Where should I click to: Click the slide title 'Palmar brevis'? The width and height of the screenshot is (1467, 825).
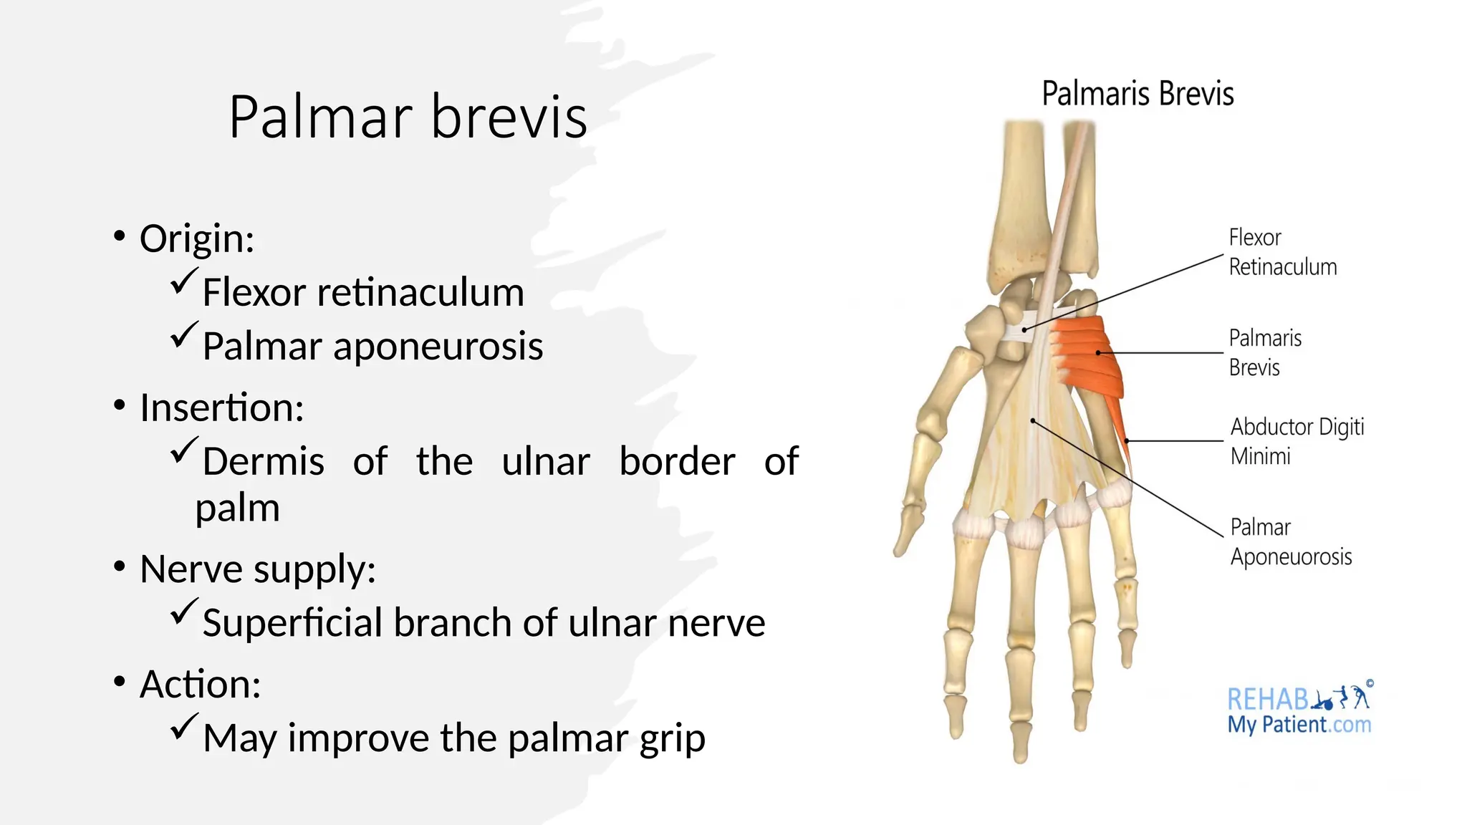pyautogui.click(x=408, y=117)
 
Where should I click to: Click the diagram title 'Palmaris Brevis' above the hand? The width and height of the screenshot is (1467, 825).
pyautogui.click(x=1137, y=94)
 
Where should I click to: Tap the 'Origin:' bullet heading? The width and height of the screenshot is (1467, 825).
pyautogui.click(x=197, y=238)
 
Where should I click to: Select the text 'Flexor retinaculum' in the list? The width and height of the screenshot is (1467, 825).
pyautogui.click(x=363, y=292)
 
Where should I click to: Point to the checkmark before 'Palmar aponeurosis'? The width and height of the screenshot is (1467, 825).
pyautogui.click(x=183, y=335)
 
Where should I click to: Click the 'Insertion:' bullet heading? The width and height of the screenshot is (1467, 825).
pyautogui.click(x=222, y=407)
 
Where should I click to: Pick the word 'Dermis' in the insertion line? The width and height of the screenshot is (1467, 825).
pyautogui.click(x=263, y=461)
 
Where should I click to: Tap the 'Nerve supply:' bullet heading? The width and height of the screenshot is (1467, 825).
pyautogui.click(x=258, y=569)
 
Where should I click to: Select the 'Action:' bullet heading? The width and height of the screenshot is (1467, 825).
pyautogui.click(x=201, y=684)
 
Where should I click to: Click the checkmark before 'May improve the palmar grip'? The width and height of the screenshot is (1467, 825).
pyautogui.click(x=183, y=727)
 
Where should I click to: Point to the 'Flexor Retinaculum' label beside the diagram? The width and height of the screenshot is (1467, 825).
pyautogui.click(x=1281, y=252)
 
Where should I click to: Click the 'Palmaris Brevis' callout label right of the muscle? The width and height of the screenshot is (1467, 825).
pyautogui.click(x=1264, y=352)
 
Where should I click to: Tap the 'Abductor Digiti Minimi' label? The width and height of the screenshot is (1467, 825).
pyautogui.click(x=1296, y=441)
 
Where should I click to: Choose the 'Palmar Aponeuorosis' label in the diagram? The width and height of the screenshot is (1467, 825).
pyautogui.click(x=1290, y=542)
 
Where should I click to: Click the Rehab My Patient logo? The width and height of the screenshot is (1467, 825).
pyautogui.click(x=1299, y=709)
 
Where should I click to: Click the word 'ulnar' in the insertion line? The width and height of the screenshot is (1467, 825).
pyautogui.click(x=546, y=461)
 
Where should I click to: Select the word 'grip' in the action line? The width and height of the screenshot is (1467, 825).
pyautogui.click(x=672, y=738)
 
